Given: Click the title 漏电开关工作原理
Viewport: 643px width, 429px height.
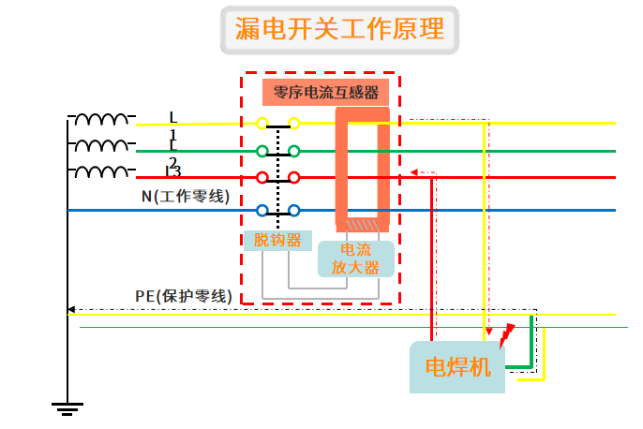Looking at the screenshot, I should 340,31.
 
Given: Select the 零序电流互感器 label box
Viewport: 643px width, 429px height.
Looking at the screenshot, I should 325,92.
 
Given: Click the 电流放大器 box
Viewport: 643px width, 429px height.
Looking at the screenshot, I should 354,259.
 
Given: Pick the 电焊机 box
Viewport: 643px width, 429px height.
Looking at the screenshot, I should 457,366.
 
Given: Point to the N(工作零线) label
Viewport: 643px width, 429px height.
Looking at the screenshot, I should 184,197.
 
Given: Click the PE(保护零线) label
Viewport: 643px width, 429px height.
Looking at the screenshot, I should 182,296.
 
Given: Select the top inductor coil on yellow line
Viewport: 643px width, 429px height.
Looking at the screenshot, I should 102,120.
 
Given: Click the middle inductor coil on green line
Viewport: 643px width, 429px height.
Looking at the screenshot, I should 102,146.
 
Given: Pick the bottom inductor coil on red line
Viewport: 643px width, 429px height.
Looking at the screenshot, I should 102,172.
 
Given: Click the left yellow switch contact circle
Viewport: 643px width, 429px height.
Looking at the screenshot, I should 262,123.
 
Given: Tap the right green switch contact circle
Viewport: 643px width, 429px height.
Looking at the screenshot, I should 293,150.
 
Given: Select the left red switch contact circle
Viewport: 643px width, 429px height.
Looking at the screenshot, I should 262,177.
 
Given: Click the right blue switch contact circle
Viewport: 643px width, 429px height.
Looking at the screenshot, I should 293,210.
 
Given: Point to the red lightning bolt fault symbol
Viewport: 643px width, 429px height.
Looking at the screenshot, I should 507,333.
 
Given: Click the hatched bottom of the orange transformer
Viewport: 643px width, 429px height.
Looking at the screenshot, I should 363,224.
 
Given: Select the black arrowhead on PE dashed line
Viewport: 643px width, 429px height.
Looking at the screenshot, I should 71,309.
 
